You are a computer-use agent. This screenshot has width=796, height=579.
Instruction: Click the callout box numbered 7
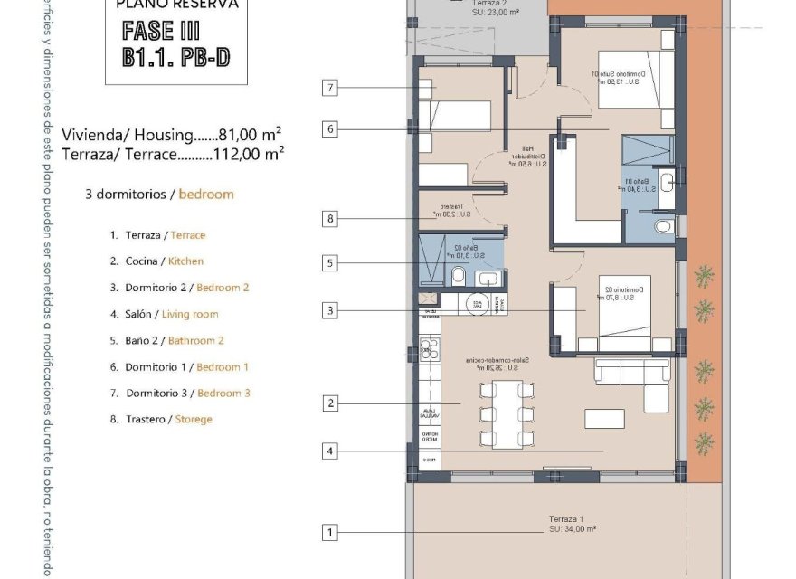pos(330,88)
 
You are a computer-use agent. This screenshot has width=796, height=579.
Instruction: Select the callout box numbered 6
pos(330,129)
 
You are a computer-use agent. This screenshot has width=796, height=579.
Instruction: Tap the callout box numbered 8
pos(330,218)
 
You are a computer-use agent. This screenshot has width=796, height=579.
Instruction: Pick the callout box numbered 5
pos(330,263)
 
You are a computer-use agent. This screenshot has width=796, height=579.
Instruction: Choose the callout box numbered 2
pos(330,403)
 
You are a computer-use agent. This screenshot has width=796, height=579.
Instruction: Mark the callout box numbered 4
pos(330,451)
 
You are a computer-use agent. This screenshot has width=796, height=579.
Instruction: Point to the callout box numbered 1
pos(330,533)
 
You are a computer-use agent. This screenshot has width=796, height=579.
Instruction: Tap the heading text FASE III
pos(160,31)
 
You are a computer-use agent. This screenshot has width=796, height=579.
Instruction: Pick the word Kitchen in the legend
pos(185,261)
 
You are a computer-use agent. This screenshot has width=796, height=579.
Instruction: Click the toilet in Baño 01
pos(663,225)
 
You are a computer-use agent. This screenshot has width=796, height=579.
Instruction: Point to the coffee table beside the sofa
pos(604,418)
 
